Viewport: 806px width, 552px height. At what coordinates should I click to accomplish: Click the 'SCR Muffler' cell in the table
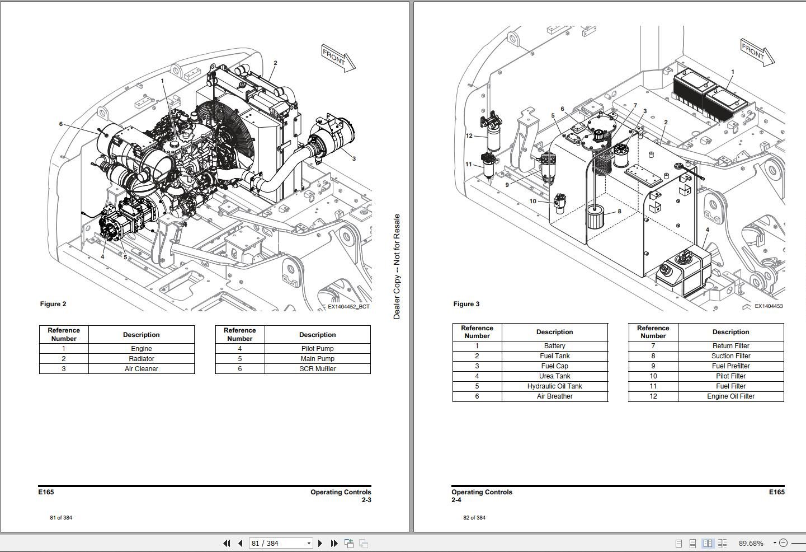pos(317,369)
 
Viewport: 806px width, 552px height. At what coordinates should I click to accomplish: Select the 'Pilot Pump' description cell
pos(317,349)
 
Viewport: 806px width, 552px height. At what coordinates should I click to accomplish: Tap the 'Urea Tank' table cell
pos(554,376)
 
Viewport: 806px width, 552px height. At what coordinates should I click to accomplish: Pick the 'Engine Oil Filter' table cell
pos(730,396)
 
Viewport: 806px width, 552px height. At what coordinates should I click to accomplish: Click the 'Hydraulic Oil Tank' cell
pos(554,386)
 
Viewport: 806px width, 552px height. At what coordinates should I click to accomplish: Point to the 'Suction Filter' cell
pos(730,356)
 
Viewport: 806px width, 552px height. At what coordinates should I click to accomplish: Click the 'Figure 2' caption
pos(53,304)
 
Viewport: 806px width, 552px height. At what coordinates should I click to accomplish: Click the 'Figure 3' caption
pos(466,304)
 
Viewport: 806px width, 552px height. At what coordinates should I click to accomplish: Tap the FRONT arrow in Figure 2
pos(338,58)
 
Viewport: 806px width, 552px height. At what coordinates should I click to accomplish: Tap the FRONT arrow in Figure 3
pos(757,53)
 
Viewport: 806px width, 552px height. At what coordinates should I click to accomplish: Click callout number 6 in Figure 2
pos(61,124)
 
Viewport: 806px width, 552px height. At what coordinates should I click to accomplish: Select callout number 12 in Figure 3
pos(469,136)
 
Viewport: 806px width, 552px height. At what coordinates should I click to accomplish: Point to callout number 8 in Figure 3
pos(619,212)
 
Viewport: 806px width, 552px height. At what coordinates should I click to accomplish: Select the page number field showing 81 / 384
pos(280,543)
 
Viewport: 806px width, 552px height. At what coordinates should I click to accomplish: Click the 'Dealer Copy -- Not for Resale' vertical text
pos(397,266)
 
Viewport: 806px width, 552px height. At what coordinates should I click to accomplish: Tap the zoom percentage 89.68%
pos(751,543)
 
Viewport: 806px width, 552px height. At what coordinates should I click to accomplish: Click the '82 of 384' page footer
pos(474,517)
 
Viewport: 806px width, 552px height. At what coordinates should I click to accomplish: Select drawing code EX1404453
pos(768,306)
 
